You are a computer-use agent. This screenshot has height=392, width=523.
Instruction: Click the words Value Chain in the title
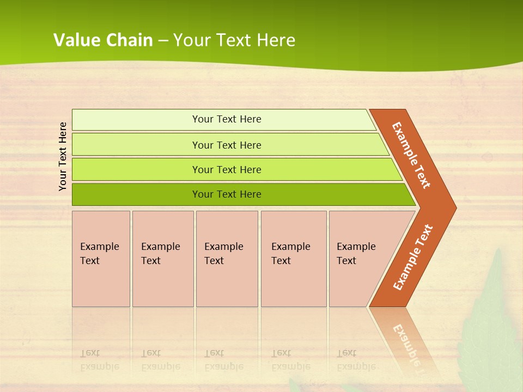103,40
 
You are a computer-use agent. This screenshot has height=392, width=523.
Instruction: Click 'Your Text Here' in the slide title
234,40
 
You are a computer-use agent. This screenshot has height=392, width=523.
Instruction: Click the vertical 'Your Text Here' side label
63,156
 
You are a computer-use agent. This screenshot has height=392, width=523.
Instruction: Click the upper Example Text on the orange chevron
411,155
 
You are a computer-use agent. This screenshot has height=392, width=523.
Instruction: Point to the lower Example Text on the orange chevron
413,258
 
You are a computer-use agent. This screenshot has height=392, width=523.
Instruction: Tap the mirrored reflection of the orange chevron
406,338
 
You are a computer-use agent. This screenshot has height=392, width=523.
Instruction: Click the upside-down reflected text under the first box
99,360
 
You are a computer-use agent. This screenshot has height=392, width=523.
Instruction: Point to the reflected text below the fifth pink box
356,360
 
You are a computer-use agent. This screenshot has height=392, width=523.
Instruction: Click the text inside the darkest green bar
227,194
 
